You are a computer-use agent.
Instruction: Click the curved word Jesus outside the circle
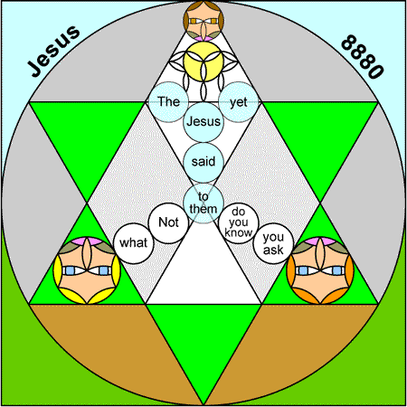[x=53, y=51]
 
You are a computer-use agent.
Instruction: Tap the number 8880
[x=363, y=57]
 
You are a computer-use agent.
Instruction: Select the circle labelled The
[x=168, y=102]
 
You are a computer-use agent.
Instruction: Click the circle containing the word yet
[x=239, y=102]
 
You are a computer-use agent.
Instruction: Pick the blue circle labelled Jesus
[x=203, y=122]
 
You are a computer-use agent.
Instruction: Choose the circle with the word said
[x=203, y=162]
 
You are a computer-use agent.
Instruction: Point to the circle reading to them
[x=203, y=203]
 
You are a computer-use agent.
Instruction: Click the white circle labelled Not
[x=168, y=223]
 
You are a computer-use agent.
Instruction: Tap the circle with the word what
[x=134, y=243]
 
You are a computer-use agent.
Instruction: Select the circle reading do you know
[x=239, y=223]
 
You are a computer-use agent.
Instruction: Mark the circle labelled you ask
[x=273, y=243]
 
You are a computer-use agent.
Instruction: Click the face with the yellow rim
[x=87, y=270]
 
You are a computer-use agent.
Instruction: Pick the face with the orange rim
[x=320, y=270]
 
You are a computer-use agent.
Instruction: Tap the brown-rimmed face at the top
[x=203, y=21]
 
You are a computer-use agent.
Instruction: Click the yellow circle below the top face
[x=203, y=62]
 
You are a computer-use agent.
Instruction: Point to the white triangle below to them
[x=203, y=270]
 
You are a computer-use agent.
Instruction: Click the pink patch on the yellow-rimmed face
[x=87, y=241]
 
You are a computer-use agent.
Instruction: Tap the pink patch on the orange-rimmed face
[x=320, y=241]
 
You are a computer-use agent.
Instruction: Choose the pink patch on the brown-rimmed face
[x=203, y=38]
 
